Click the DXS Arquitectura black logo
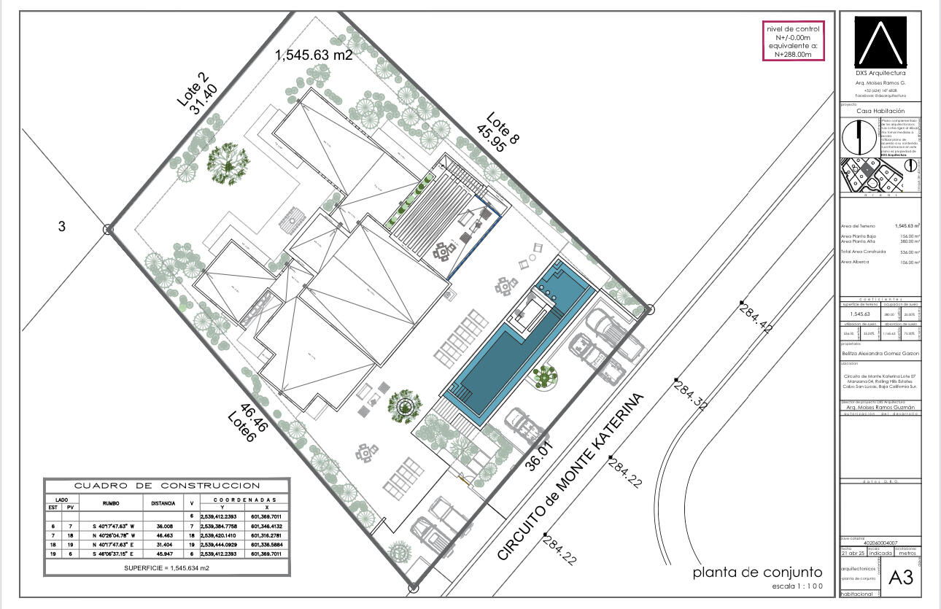tap(880, 41)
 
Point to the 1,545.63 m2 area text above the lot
tap(314, 55)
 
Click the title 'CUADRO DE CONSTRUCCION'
tap(167, 485)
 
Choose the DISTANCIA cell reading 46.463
tap(162, 535)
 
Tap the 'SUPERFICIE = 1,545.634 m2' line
tap(167, 567)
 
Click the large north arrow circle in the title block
tap(859, 136)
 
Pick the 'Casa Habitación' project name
tap(880, 111)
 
